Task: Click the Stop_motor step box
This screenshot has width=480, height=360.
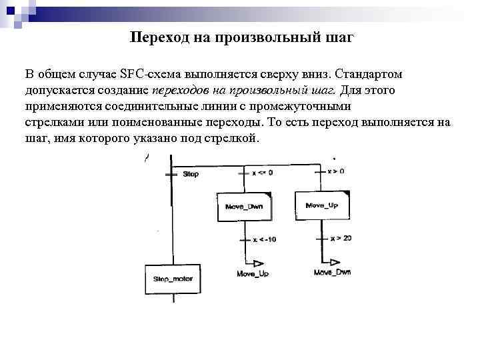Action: [173, 279]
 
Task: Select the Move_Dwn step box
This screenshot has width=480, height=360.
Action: [244, 207]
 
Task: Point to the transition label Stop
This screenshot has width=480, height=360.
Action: [191, 174]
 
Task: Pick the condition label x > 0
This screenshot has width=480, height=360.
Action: [336, 171]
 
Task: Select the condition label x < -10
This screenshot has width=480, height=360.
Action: [264, 239]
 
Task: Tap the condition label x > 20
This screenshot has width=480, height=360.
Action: [341, 238]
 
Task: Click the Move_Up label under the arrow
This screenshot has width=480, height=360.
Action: [253, 274]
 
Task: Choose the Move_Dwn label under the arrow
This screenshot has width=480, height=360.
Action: [332, 273]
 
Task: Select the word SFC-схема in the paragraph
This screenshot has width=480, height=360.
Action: [151, 72]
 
